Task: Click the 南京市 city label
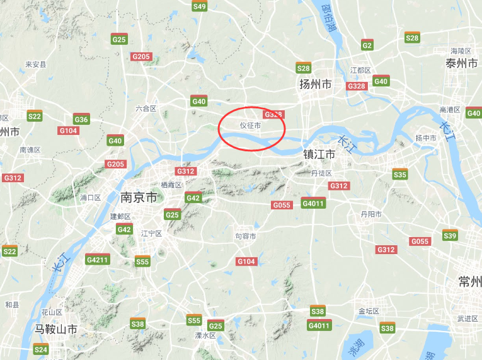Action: tap(139, 197)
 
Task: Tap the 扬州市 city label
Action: tap(315, 84)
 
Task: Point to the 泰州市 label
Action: tap(462, 63)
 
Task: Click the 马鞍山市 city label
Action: tap(56, 329)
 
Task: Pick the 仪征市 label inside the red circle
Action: tap(250, 125)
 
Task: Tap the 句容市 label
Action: tap(246, 236)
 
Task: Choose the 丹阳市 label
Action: tap(371, 214)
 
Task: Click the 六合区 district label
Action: tap(146, 108)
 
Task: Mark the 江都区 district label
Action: tap(361, 70)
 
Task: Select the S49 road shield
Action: tap(199, 6)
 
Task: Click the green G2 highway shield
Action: tap(367, 45)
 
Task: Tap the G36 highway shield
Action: tap(81, 119)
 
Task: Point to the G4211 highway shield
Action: tap(98, 259)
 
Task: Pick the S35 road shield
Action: tap(399, 174)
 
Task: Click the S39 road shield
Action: tap(450, 235)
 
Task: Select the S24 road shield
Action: tap(40, 349)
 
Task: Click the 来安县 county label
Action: tap(36, 64)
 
